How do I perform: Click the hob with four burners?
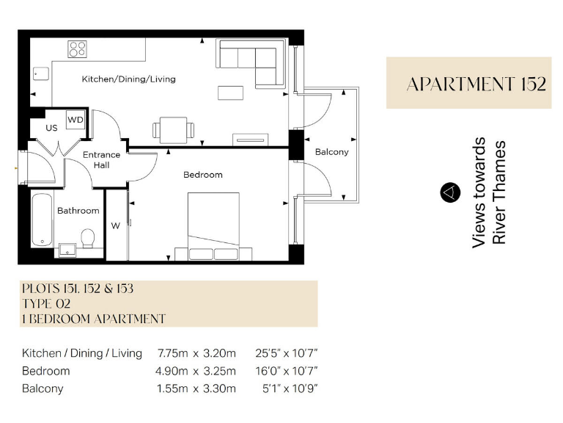coord(78,49)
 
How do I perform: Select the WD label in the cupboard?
coord(75,119)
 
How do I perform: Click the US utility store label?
coord(51,128)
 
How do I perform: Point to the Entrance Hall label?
coord(101,160)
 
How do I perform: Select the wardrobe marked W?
coord(116,225)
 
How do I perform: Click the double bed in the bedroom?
coord(213,225)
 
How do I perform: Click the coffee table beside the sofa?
coord(229,93)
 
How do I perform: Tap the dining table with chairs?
coord(174,130)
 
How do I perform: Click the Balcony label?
coord(331,152)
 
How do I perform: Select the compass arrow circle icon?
coord(449,192)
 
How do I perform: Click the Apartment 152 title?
coord(476,84)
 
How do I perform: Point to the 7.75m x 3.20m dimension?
coord(196,353)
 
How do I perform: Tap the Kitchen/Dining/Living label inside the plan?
coord(128,79)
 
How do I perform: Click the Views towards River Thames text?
coord(489,192)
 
